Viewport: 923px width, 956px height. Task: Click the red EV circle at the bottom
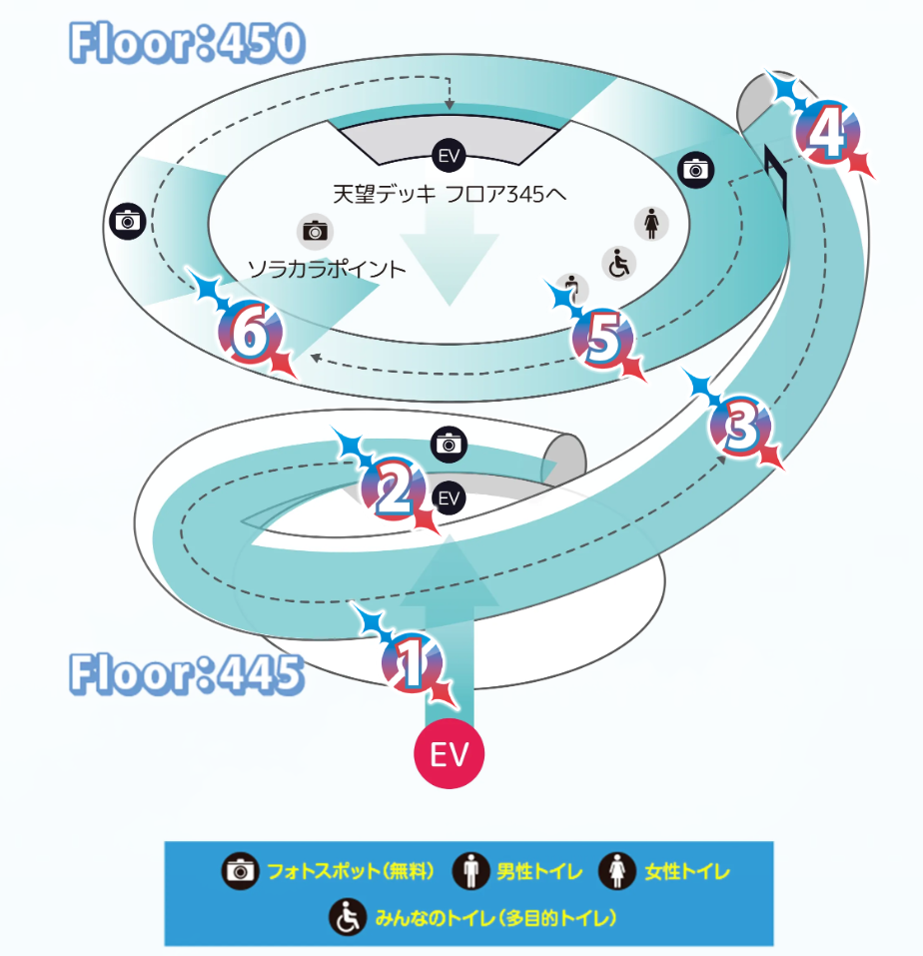coord(449,754)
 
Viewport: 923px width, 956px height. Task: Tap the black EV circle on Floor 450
coord(448,155)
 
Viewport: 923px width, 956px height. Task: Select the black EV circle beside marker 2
coord(450,496)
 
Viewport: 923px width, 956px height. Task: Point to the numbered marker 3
coord(740,428)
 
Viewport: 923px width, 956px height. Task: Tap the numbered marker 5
coord(603,338)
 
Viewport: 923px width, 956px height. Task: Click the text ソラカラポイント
coord(328,268)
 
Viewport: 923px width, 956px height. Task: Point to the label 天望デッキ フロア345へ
coord(450,193)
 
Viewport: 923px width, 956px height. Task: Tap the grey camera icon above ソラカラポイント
coord(315,231)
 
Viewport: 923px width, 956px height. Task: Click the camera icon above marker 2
coord(449,444)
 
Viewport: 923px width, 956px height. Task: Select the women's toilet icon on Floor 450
coord(651,224)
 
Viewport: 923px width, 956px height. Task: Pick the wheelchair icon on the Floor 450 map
coord(619,264)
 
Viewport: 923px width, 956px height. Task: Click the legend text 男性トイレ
coord(539,872)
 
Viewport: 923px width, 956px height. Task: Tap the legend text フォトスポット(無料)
coord(351,872)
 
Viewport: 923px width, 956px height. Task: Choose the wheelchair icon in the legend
coord(348,916)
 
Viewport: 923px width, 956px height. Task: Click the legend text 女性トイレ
coord(687,872)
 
